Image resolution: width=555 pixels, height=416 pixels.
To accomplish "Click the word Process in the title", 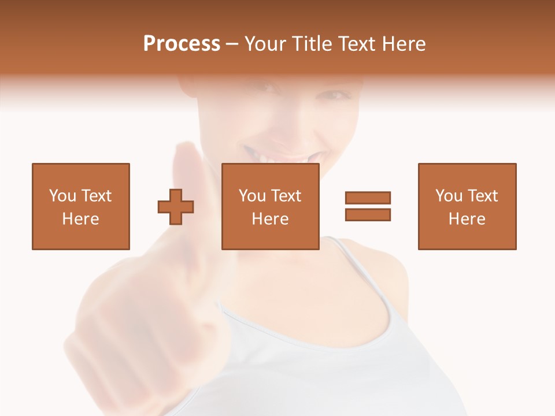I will click(x=182, y=44).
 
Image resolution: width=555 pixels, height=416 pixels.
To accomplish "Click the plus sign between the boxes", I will click(x=176, y=206).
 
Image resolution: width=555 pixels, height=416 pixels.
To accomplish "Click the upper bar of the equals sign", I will click(x=368, y=198).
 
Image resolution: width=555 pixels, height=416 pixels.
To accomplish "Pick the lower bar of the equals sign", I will click(x=368, y=214).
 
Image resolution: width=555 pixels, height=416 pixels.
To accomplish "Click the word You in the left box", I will click(x=62, y=196).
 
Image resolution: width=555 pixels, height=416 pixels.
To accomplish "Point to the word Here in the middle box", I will click(x=271, y=219).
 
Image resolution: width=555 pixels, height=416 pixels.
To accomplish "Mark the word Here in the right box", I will click(x=467, y=219).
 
